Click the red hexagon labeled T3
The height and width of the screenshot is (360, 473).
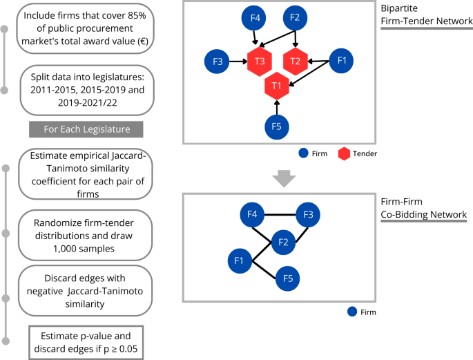tap(259, 61)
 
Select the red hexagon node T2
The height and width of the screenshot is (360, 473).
tap(296, 61)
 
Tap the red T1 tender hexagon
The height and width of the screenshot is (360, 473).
tap(277, 85)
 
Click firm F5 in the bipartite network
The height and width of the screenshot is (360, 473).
tap(277, 126)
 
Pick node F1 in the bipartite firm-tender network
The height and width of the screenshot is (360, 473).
tap(340, 61)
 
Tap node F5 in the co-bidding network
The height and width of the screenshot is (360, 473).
tap(287, 278)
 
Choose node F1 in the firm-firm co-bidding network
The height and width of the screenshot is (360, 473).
tap(240, 261)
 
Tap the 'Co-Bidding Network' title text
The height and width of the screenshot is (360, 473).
tap(423, 215)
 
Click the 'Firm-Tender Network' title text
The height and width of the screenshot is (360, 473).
tap(423, 22)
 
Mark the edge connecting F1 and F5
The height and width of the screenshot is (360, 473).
tap(264, 270)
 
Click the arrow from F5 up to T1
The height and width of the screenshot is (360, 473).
tap(277, 106)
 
